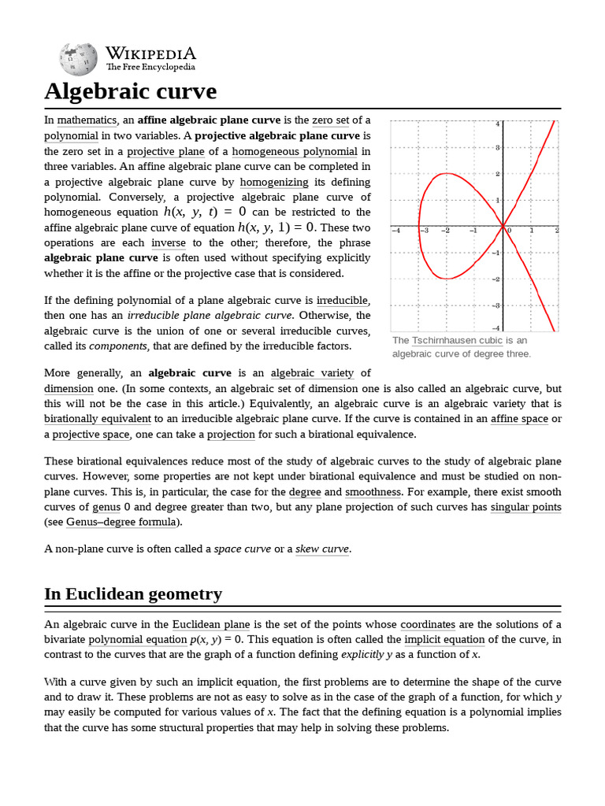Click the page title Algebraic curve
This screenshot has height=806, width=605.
130,91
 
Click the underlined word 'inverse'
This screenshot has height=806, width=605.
169,243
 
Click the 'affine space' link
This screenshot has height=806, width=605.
518,419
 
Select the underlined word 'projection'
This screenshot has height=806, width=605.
231,434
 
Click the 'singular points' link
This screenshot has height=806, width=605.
525,507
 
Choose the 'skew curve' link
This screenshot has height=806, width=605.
321,549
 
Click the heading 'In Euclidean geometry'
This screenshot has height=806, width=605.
133,594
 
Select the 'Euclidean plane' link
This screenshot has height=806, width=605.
206,625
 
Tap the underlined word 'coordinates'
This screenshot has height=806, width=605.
428,625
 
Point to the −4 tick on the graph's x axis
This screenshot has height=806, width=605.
396,231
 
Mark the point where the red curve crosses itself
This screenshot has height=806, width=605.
503,226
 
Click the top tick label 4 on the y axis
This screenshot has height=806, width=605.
497,124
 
